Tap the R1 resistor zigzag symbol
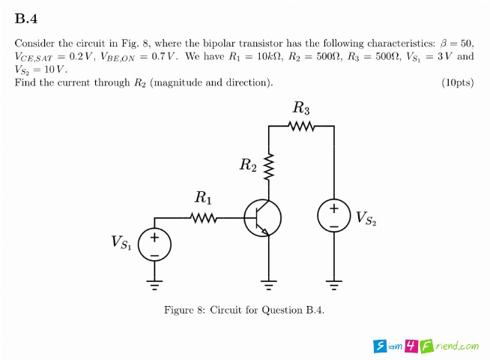203,218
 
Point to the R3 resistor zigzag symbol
301,126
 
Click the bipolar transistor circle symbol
263,218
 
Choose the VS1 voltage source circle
154,244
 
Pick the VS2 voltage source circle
334,215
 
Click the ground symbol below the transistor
268,283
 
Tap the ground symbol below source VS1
154,283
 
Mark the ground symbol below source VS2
334,283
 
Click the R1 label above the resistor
203,199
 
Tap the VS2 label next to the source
366,218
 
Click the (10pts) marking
458,82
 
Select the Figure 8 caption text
244,310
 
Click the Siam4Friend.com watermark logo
426,346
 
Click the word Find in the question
26,82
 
